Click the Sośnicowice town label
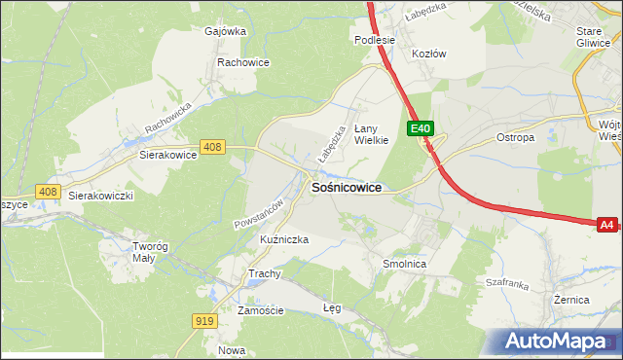(346, 187)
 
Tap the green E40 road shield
(420, 128)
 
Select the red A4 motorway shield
(606, 225)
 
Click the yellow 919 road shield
(204, 321)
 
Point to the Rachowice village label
(243, 62)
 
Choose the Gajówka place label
(225, 30)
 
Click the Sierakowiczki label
(100, 195)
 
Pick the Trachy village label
(264, 273)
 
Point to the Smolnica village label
(405, 264)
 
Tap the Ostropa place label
(516, 137)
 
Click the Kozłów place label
(428, 54)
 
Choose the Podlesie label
(374, 40)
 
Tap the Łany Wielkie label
(371, 133)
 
